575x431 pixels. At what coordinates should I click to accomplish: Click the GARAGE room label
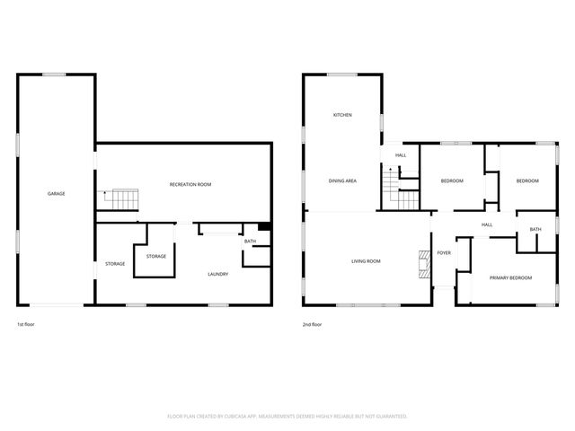(56, 194)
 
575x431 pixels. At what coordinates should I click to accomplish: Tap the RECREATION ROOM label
(190, 184)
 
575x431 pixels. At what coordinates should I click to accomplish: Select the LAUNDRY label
(217, 274)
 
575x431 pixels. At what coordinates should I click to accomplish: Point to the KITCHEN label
(342, 115)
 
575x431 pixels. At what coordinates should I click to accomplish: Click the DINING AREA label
(342, 181)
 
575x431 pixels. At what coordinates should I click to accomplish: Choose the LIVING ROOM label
(366, 261)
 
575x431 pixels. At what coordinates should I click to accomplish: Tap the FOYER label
(444, 253)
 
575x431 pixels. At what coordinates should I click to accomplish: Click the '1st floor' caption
(26, 324)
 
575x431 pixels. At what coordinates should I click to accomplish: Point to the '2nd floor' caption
(313, 324)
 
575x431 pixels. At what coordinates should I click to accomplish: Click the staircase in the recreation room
(120, 200)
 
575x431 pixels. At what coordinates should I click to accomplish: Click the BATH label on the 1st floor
(250, 242)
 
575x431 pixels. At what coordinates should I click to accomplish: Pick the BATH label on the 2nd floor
(535, 229)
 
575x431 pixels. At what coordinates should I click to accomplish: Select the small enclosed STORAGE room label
(156, 257)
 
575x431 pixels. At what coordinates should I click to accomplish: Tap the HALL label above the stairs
(401, 156)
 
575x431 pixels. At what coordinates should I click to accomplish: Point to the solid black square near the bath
(264, 228)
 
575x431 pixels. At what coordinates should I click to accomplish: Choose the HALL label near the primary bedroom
(487, 224)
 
